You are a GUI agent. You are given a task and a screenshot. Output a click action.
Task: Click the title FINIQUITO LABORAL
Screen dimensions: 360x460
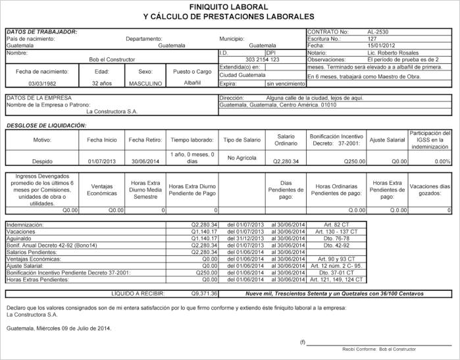pos(228,7)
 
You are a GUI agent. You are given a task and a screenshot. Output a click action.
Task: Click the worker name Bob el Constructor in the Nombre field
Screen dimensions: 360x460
pos(112,60)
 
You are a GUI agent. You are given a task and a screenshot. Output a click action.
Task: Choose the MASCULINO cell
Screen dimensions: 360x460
pos(145,84)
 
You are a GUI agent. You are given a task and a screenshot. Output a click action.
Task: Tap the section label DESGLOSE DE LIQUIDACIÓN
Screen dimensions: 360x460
pos(46,125)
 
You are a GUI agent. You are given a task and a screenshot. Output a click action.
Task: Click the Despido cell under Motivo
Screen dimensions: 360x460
pos(42,161)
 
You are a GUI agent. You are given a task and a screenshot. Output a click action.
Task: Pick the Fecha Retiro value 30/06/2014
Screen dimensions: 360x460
pos(145,161)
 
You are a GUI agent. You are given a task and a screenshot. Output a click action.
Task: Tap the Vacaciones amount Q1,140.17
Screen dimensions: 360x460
pos(204,232)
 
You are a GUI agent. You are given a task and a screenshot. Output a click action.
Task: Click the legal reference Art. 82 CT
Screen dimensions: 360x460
pos(335,225)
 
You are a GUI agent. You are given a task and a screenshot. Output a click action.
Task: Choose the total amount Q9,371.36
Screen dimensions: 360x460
pos(204,294)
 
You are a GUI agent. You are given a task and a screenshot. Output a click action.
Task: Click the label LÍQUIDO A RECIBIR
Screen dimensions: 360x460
pos(138,294)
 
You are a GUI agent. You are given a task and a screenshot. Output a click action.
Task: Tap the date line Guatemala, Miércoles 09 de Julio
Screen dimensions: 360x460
pos(59,328)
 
